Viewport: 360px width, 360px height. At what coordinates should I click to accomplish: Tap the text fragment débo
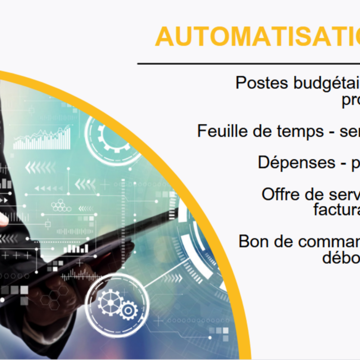click(341, 257)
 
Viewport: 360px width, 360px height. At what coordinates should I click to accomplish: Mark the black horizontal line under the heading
click(247, 64)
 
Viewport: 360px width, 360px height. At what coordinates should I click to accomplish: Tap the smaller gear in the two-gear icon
click(128, 310)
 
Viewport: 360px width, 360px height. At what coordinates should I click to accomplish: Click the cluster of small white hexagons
click(61, 206)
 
